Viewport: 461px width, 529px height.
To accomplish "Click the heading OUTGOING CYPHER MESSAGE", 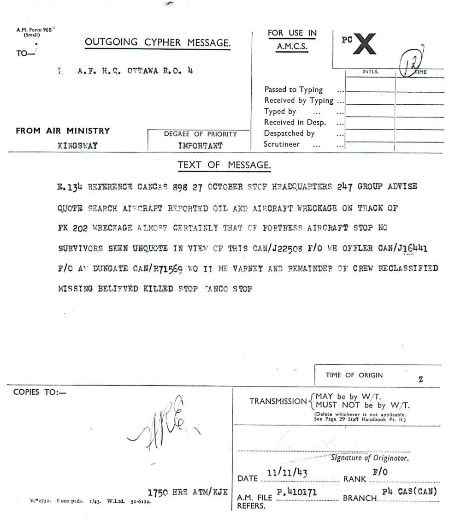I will point(158,42).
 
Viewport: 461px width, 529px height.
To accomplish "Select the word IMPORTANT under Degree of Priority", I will point(201,146).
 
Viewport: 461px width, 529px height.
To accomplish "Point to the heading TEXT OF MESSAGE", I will point(224,165).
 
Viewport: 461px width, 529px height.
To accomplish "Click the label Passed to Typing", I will point(293,89).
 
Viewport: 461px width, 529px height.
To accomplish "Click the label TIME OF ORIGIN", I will point(354,375).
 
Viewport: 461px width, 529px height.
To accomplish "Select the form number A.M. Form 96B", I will point(35,31).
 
